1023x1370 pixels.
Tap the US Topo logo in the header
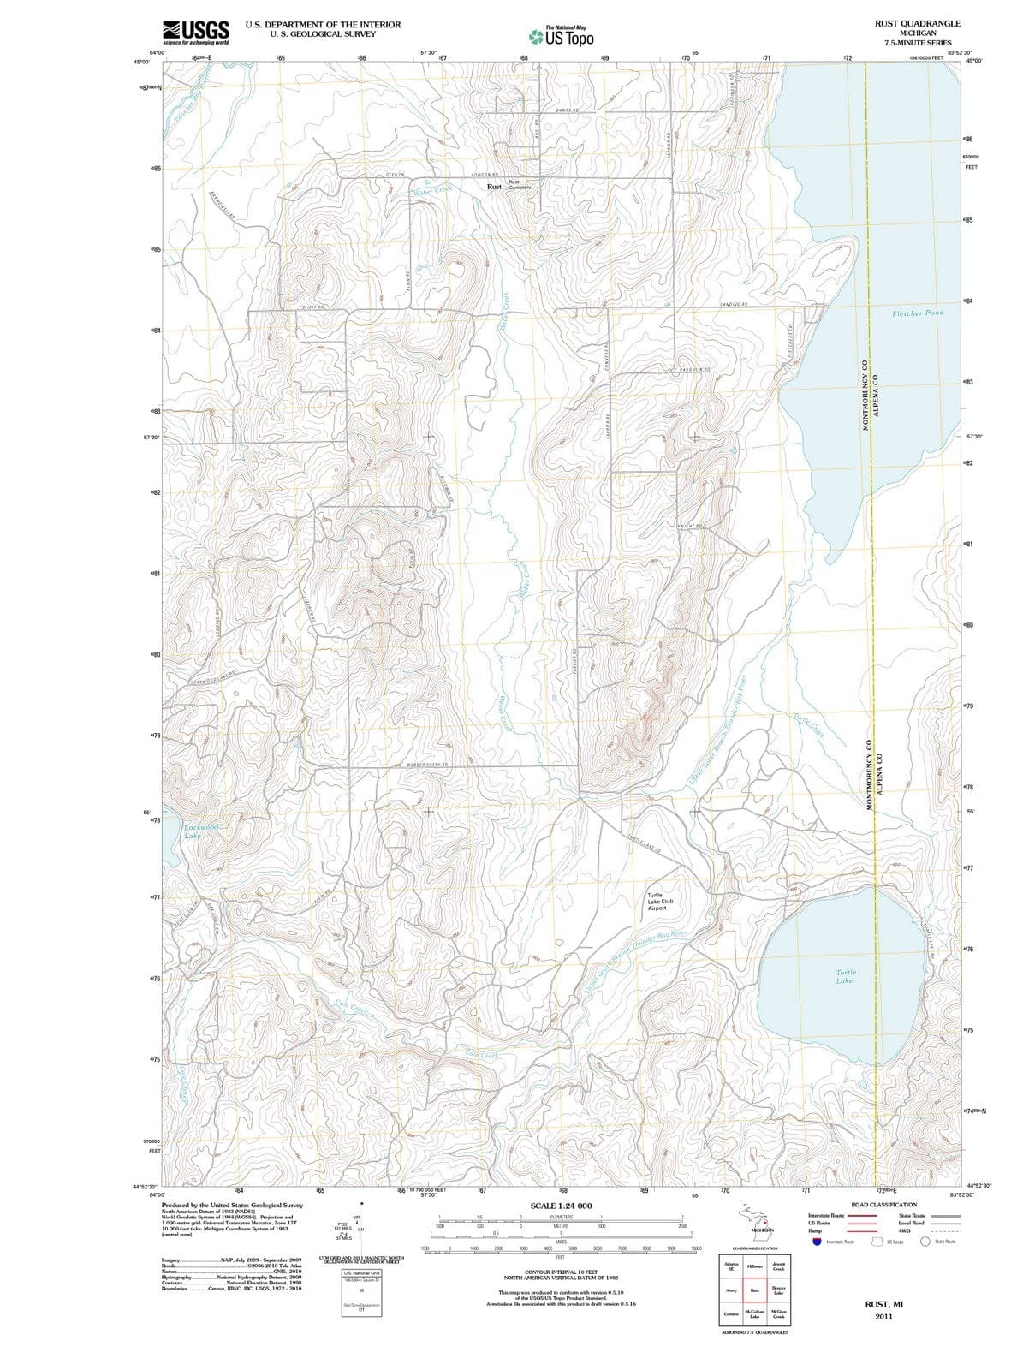(562, 37)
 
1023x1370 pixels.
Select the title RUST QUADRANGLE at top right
(918, 23)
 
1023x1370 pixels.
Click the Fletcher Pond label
(917, 313)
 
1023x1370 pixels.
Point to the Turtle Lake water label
(845, 976)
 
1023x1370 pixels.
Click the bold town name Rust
(494, 186)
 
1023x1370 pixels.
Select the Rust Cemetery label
(520, 185)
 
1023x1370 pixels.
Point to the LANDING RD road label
(735, 305)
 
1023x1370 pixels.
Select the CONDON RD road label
(485, 175)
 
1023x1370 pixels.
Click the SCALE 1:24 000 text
(561, 1206)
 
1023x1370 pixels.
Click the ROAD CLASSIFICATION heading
(883, 1205)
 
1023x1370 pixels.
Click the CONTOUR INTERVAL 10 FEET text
(565, 1273)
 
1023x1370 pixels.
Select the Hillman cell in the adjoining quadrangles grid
(755, 1266)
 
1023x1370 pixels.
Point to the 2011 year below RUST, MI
(883, 1317)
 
